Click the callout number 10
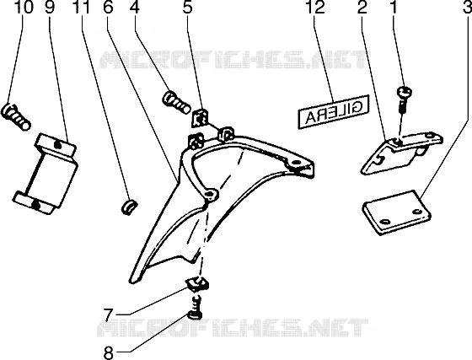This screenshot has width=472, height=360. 23,7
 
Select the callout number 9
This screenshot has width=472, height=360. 50,7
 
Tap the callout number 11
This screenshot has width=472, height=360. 81,7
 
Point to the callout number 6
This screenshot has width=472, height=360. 108,7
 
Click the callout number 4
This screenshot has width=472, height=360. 135,7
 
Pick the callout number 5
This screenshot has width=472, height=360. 187,7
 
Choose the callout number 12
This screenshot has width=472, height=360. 315,7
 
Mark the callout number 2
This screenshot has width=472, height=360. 362,7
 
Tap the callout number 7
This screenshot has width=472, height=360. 109,314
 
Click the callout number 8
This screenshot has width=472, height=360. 109,352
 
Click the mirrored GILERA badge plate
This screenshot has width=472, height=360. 334,112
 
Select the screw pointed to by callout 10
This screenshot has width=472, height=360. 16,117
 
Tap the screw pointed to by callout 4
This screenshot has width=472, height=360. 177,102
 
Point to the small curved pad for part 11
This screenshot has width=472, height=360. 129,206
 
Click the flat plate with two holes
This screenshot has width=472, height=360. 396,212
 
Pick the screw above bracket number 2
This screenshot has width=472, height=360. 405,99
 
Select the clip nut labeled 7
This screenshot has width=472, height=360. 197,284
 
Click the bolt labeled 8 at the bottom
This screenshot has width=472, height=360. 195,307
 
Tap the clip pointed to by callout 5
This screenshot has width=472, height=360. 200,117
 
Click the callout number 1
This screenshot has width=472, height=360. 392,7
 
